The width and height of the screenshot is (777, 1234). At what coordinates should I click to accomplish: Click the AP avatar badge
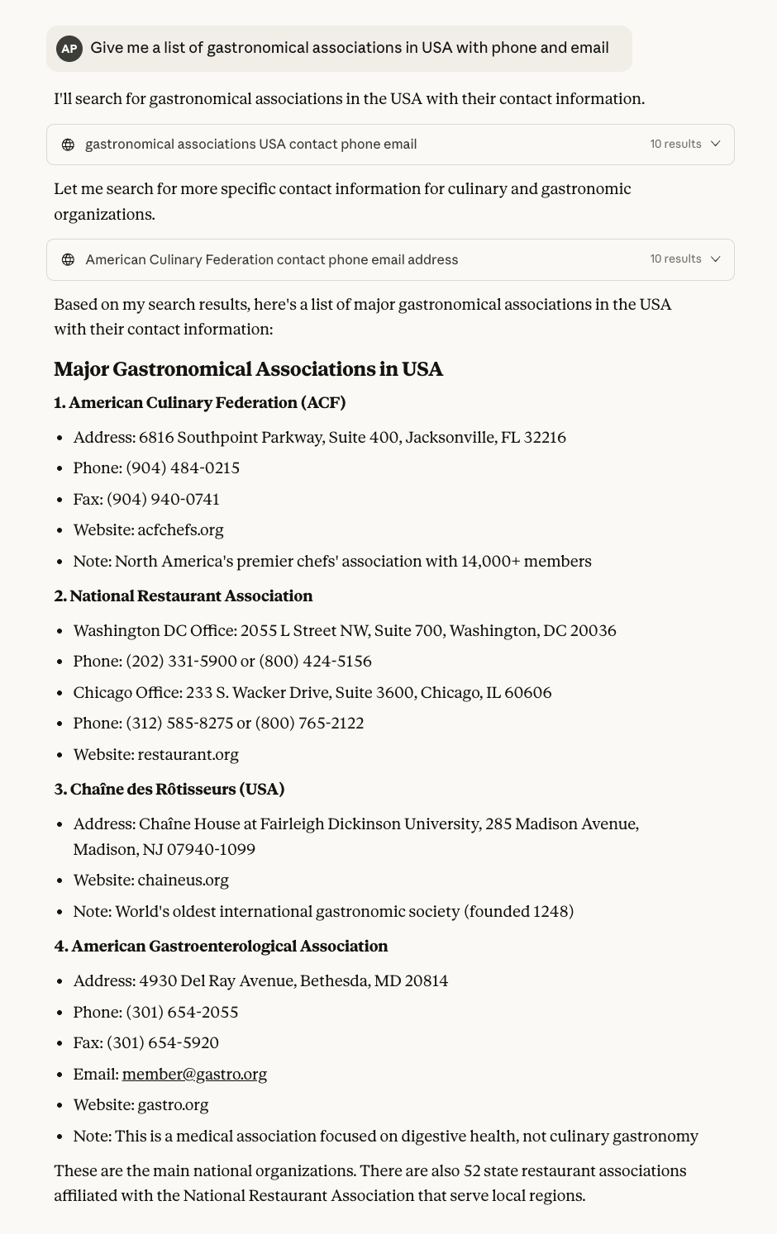(69, 49)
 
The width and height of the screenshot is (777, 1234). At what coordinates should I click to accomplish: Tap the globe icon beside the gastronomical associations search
(69, 145)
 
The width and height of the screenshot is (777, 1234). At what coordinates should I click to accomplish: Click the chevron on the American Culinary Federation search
(716, 259)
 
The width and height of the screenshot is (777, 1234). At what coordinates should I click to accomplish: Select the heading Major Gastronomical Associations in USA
(248, 369)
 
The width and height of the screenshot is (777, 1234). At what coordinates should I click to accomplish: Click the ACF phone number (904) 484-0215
(183, 468)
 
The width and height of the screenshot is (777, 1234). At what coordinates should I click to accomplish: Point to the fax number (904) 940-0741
(163, 500)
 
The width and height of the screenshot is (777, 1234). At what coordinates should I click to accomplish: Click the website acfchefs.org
(180, 530)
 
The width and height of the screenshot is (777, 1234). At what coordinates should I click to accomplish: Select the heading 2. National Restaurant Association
(184, 596)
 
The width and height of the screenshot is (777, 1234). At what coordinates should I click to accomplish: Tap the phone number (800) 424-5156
(315, 662)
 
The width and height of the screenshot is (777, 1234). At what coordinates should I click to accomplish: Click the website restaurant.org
(188, 755)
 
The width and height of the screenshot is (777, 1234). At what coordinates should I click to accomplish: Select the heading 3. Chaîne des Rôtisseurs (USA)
(169, 790)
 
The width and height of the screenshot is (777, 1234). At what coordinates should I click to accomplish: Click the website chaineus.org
(183, 880)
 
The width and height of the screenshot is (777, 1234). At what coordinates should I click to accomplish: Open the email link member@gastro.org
(194, 1075)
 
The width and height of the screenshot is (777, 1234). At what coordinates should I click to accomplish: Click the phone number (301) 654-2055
(182, 1013)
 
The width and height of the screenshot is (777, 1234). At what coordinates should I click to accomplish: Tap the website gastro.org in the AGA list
(173, 1105)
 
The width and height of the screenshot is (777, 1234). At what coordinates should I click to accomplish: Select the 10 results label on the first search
(675, 145)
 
